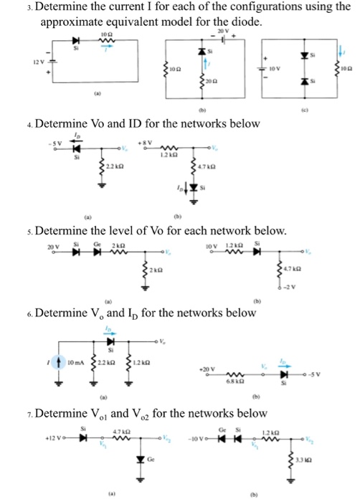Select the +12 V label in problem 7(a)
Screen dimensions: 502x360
(53, 438)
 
